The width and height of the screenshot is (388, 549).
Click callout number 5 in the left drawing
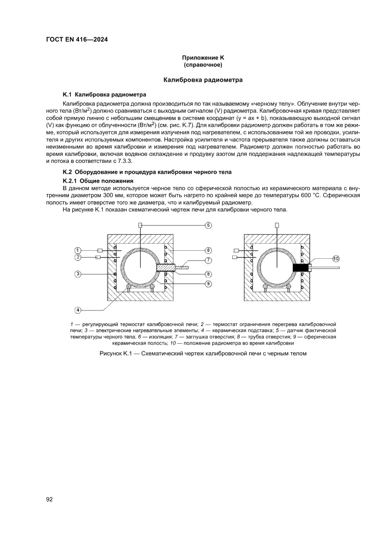[208, 225]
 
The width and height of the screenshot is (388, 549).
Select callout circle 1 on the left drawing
[78, 250]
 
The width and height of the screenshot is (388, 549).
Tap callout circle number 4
[78, 309]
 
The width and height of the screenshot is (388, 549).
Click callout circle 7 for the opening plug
[208, 260]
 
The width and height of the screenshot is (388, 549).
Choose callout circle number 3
[78, 273]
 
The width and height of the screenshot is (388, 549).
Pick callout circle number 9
[208, 283]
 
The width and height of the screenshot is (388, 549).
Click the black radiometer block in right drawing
[301, 268]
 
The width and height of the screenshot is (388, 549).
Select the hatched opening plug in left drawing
[166, 268]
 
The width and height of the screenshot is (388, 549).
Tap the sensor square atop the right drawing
[277, 225]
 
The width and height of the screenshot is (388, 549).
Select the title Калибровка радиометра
[203, 80]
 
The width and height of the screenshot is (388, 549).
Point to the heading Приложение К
[203, 58]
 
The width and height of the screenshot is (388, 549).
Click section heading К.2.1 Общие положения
[98, 181]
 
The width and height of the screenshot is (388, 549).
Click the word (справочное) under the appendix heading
[203, 64]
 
